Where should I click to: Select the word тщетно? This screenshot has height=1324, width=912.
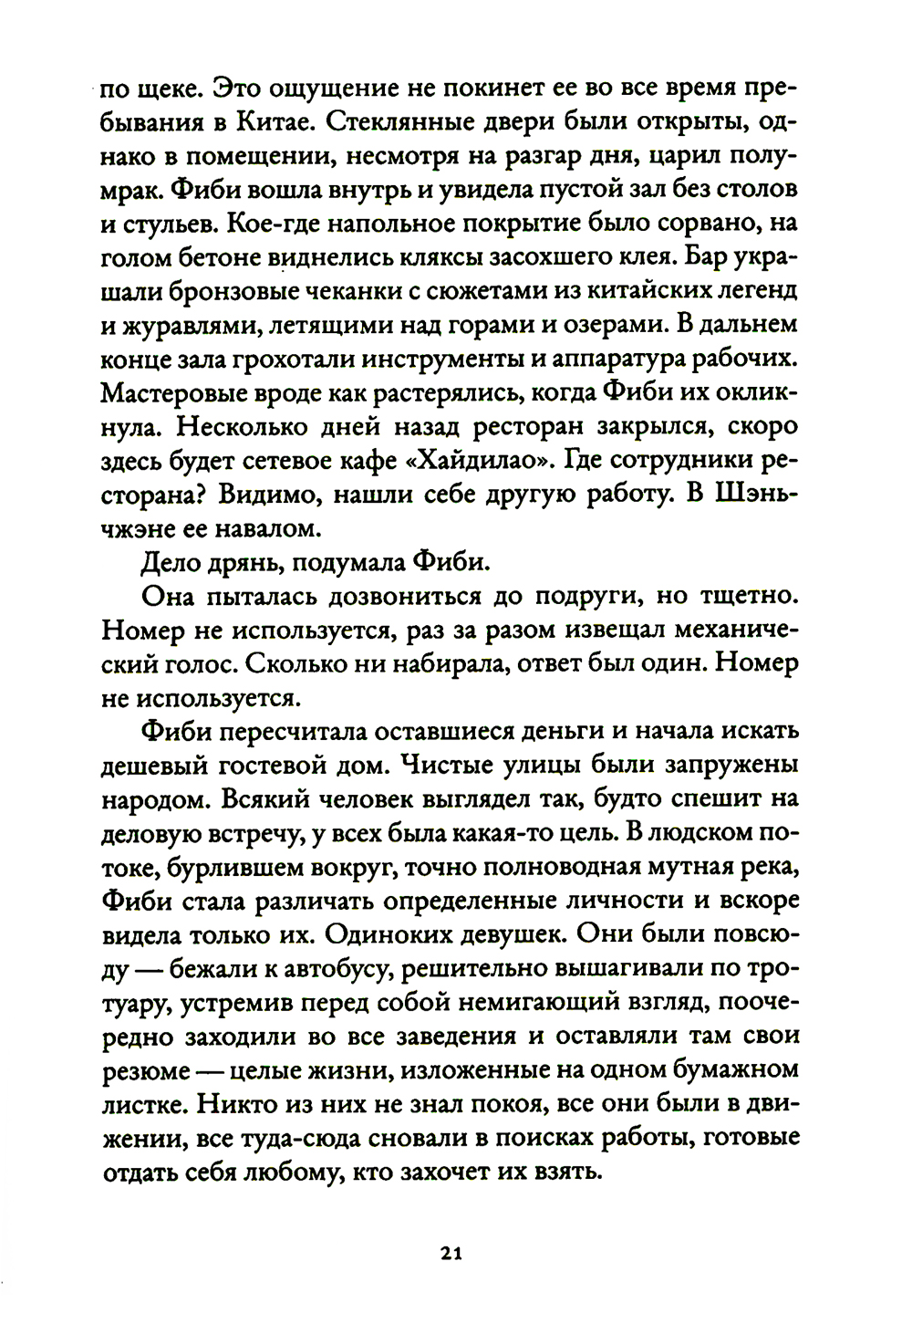coord(750,596)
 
